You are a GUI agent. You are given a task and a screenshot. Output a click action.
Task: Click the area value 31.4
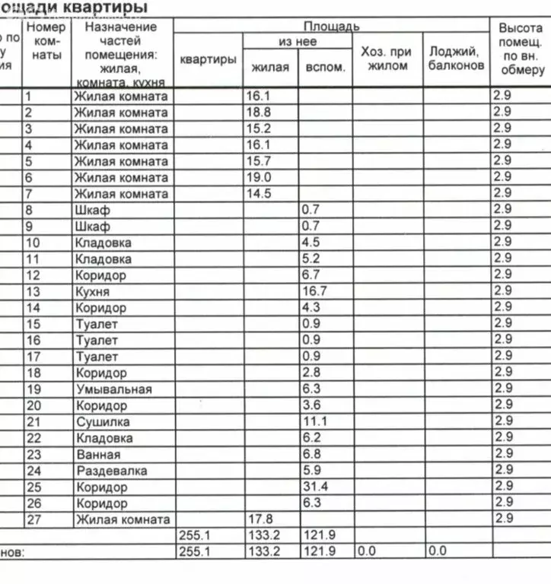313,487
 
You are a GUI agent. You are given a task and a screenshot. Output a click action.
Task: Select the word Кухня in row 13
92,292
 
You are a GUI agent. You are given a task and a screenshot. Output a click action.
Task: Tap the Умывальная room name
113,389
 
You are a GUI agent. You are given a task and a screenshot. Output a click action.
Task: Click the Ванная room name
98,455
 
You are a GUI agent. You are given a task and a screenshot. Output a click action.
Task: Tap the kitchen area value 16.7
313,292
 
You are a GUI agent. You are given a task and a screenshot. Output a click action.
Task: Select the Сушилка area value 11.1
313,422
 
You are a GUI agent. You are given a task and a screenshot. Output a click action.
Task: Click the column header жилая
270,67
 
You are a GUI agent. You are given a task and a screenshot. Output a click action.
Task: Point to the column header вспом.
325,67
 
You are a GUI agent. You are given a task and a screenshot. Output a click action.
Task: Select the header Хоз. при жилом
386,59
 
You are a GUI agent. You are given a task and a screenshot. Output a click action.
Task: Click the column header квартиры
208,59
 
